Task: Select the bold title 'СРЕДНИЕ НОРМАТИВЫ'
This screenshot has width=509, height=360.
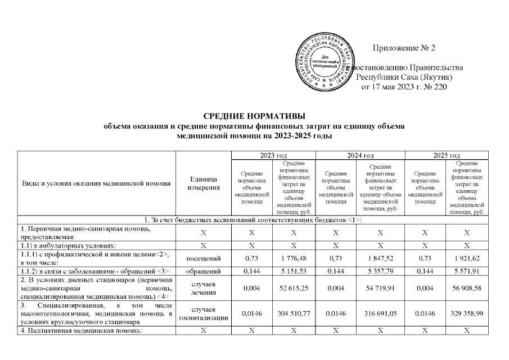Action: [254, 116]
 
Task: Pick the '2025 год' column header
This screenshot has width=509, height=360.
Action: [447, 155]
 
